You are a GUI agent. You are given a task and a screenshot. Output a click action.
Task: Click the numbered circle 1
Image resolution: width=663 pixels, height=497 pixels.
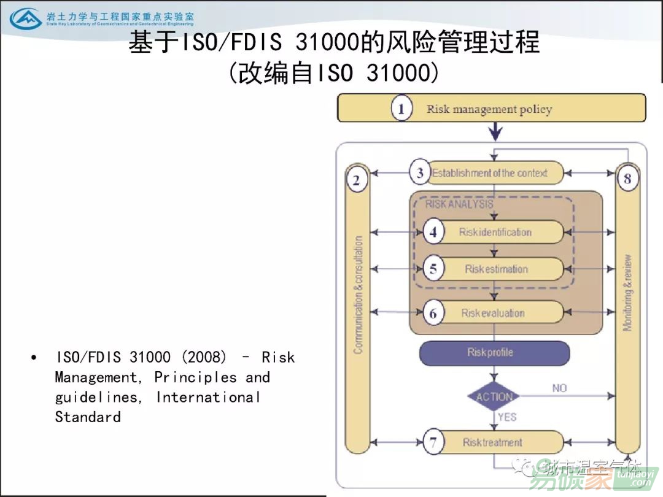coord(401,109)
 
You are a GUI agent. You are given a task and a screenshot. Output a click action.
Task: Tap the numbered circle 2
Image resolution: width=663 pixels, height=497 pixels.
coord(357,180)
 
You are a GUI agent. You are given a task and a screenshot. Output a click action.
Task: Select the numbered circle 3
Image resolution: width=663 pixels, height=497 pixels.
coord(420,173)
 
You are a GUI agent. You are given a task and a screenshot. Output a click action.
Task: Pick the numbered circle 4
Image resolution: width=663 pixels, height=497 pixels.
coord(434,233)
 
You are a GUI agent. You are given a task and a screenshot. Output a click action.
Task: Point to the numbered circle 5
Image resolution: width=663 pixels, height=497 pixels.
coord(434,269)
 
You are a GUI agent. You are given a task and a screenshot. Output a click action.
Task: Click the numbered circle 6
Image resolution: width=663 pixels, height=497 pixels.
coord(433,314)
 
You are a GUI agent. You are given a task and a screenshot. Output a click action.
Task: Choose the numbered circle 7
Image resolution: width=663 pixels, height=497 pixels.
coord(434,442)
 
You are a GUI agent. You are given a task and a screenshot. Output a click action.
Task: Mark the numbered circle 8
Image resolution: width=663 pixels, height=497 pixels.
coord(627,179)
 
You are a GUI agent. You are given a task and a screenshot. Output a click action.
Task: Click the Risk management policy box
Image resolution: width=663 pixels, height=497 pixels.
coord(491,109)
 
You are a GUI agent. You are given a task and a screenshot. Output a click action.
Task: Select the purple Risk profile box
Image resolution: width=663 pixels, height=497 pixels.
coord(494,353)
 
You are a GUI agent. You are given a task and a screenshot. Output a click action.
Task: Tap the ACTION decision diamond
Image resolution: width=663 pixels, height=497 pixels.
coord(494,396)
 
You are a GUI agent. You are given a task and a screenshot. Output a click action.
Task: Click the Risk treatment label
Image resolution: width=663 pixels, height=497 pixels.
coord(492,442)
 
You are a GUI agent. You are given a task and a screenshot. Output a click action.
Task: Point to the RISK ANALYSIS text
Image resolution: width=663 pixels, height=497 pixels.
coord(459,204)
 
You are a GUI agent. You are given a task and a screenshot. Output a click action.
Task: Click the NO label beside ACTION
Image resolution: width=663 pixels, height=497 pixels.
coord(559,388)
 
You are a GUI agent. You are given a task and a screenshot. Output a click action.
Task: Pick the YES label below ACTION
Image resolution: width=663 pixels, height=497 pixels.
coord(507,417)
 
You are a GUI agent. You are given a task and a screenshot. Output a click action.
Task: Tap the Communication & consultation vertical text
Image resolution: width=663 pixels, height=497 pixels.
coord(358,295)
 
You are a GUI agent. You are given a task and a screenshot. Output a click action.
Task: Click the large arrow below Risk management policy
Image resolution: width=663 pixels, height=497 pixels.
coord(495,131)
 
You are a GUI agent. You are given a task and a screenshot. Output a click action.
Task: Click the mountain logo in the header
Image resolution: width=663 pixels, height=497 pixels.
coord(25,18)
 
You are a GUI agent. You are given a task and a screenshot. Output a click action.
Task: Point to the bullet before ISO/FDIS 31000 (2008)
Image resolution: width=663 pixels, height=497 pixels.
coord(34,357)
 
